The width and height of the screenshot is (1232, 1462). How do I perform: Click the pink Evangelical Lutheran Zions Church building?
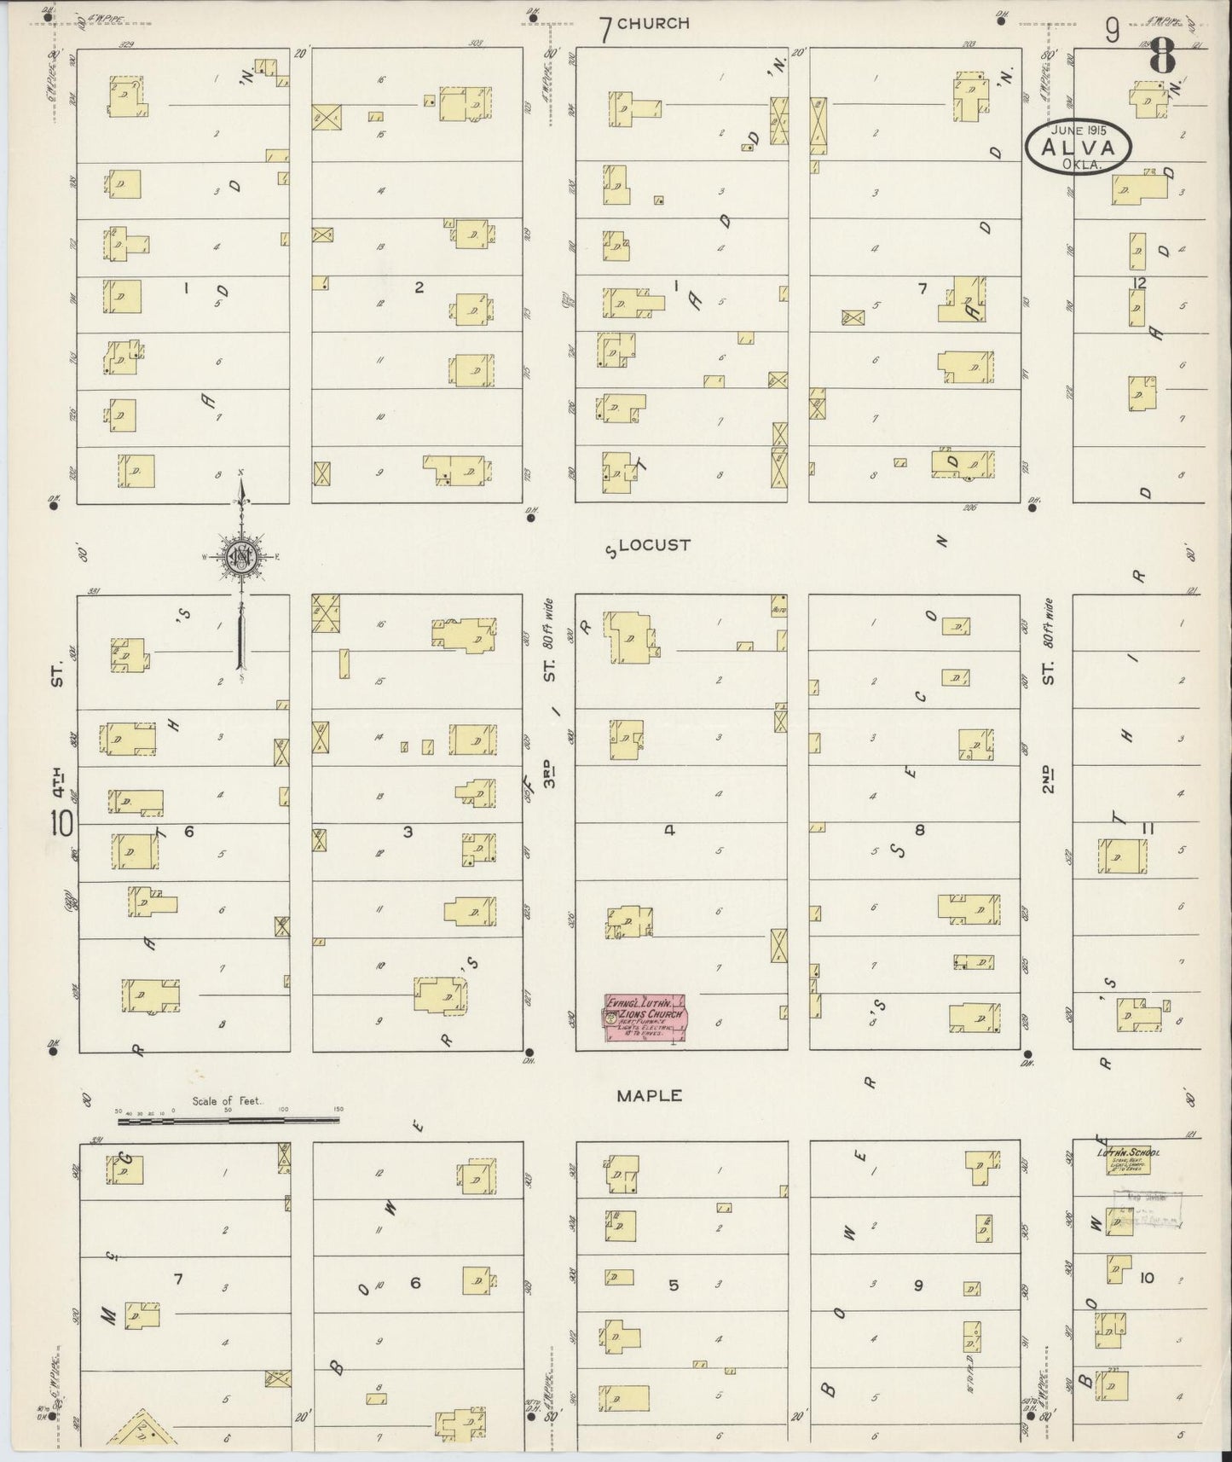click(645, 1018)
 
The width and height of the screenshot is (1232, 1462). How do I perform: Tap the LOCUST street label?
click(654, 545)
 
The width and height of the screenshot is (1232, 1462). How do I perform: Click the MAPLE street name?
click(649, 1095)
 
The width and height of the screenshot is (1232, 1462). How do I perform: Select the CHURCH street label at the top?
click(653, 24)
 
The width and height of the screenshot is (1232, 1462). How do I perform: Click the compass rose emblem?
click(241, 557)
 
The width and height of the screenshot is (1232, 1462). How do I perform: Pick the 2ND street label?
click(1049, 778)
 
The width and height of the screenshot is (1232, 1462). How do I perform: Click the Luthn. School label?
click(1127, 1153)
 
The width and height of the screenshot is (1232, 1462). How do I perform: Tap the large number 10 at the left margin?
click(61, 825)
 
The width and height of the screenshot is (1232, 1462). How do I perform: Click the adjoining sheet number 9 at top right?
click(1113, 31)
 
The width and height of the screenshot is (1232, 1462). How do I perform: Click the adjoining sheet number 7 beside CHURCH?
click(605, 30)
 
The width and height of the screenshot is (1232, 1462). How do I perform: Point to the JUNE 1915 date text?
click(1079, 131)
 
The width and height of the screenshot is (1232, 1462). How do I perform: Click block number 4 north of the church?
click(670, 829)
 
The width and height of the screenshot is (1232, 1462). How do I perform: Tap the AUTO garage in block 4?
click(778, 606)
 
